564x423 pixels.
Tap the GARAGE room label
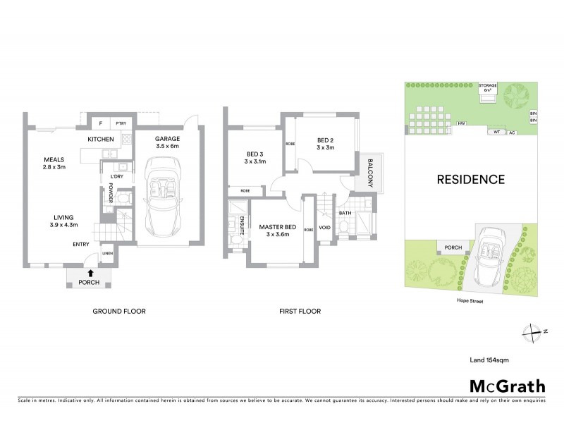pyautogui.click(x=168, y=139)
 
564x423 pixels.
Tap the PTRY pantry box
pyautogui.click(x=120, y=123)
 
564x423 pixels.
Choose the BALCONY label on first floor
pyautogui.click(x=369, y=171)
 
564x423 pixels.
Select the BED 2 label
pyautogui.click(x=324, y=139)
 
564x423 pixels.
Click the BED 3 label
pyautogui.click(x=255, y=154)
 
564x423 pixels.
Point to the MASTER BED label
pyautogui.click(x=275, y=226)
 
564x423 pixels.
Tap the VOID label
pyautogui.click(x=324, y=227)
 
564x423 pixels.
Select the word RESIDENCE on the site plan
pyautogui.click(x=472, y=179)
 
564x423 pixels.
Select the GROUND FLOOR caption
pyautogui.click(x=119, y=311)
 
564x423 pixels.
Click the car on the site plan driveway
pyautogui.click(x=487, y=257)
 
